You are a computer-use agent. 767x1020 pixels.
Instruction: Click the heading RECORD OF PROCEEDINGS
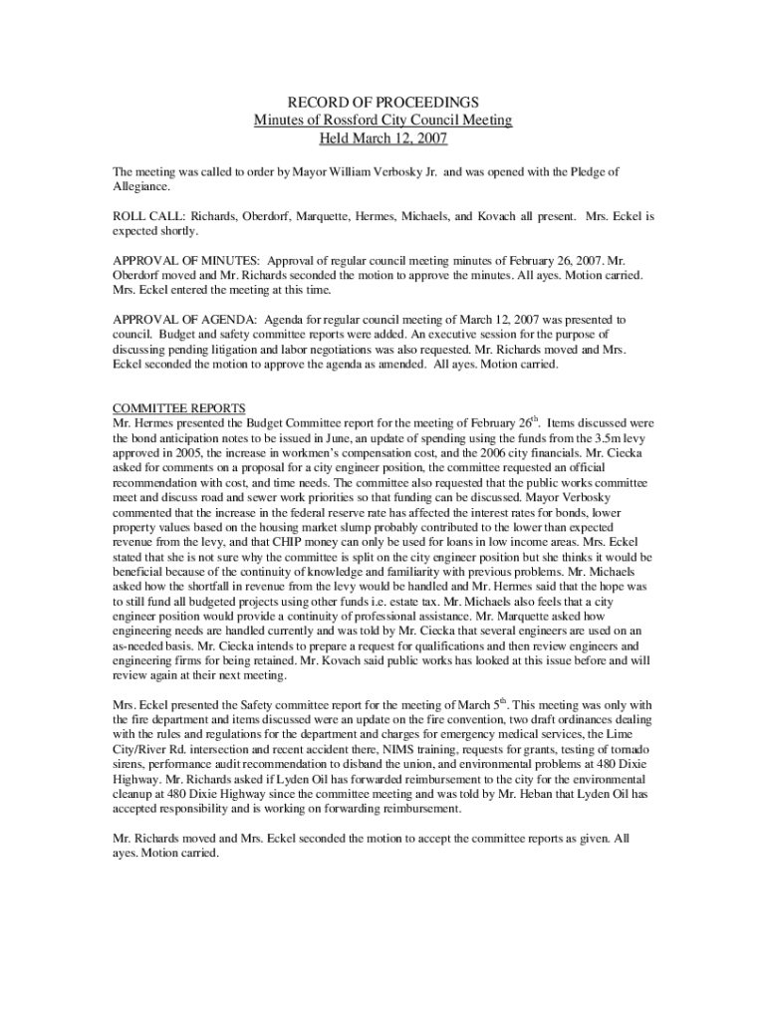tap(383, 103)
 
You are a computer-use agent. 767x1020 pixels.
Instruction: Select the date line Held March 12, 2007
tap(383, 138)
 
